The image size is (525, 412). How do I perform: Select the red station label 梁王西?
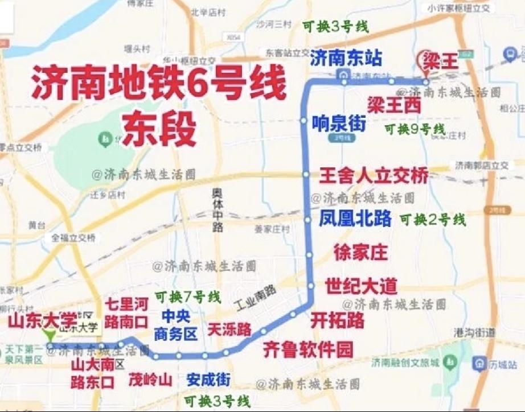click(394, 105)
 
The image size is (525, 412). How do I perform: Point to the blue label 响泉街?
click(339, 123)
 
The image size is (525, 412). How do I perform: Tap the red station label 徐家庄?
click(360, 252)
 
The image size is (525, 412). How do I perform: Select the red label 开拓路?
click(337, 320)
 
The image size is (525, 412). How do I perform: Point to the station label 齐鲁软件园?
click(308, 348)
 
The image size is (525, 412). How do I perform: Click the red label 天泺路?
click(229, 329)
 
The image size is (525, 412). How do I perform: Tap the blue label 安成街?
click(208, 379)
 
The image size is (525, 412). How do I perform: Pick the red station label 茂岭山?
click(150, 380)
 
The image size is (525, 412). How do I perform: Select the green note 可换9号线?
click(415, 129)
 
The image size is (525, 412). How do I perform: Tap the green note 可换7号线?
click(188, 296)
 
